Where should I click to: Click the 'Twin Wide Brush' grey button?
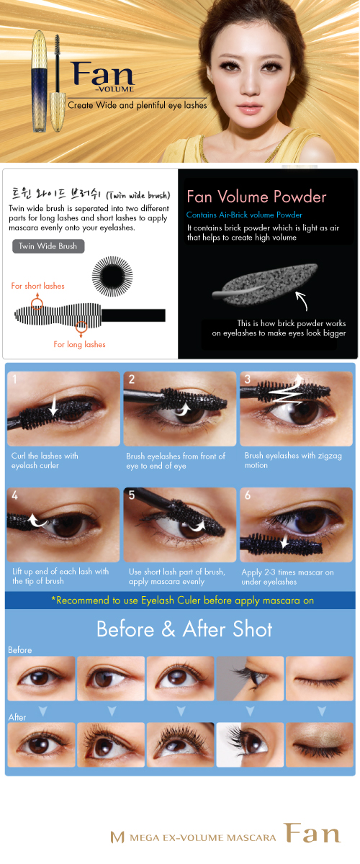click(48, 246)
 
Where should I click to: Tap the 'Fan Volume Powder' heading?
click(256, 197)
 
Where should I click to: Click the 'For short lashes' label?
click(38, 286)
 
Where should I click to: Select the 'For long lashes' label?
click(79, 344)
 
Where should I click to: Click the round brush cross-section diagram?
click(112, 276)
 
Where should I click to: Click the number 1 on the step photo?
click(14, 379)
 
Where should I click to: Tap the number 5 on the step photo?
click(132, 495)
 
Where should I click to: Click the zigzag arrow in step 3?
click(289, 392)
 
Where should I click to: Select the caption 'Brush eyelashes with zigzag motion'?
click(293, 460)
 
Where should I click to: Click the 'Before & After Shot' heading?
click(184, 629)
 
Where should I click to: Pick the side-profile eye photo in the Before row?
click(250, 678)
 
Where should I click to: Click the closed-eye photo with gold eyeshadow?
click(320, 744)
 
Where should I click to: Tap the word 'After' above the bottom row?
click(17, 717)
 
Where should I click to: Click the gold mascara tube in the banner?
click(40, 82)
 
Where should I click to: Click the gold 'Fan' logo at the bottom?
click(312, 833)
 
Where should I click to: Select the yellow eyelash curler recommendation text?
click(182, 600)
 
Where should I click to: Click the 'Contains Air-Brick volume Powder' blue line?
click(244, 215)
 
